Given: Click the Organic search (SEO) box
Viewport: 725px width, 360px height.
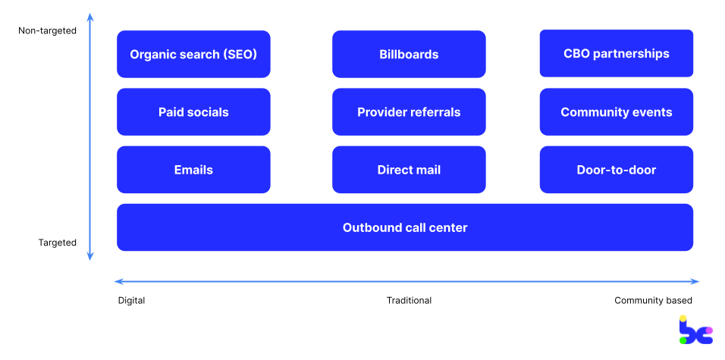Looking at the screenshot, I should [x=193, y=54].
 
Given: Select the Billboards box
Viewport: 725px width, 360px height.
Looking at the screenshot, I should [x=409, y=54].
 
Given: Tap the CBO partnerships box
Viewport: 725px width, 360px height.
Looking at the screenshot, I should [x=616, y=53].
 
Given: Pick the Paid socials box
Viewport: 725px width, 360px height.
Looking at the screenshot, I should [x=193, y=112].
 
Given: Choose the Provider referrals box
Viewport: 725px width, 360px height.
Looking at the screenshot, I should [x=409, y=112].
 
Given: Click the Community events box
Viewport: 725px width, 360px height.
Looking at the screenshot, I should [x=616, y=112].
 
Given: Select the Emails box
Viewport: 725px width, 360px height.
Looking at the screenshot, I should [x=193, y=170].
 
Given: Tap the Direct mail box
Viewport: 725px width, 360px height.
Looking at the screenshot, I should [x=409, y=170].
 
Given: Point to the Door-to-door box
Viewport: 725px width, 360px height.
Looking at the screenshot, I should [x=616, y=170].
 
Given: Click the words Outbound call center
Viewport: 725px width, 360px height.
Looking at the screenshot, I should [x=405, y=227].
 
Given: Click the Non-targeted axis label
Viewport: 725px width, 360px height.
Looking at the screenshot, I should [x=47, y=31].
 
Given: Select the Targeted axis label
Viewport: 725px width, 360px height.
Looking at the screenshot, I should [x=58, y=243].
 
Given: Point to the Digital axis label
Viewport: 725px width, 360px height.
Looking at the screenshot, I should [x=131, y=300].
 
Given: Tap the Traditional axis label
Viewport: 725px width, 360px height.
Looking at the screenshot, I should [x=409, y=300].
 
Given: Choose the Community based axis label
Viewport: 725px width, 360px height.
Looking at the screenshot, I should [x=653, y=300].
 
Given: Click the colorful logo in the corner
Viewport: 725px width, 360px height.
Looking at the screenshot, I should [x=695, y=330].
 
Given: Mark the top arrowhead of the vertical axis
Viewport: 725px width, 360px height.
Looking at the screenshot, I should [x=90, y=16].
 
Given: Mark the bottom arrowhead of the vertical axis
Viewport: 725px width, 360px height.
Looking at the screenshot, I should [x=90, y=257].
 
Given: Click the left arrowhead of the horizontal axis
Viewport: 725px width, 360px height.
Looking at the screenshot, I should [x=118, y=281].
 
